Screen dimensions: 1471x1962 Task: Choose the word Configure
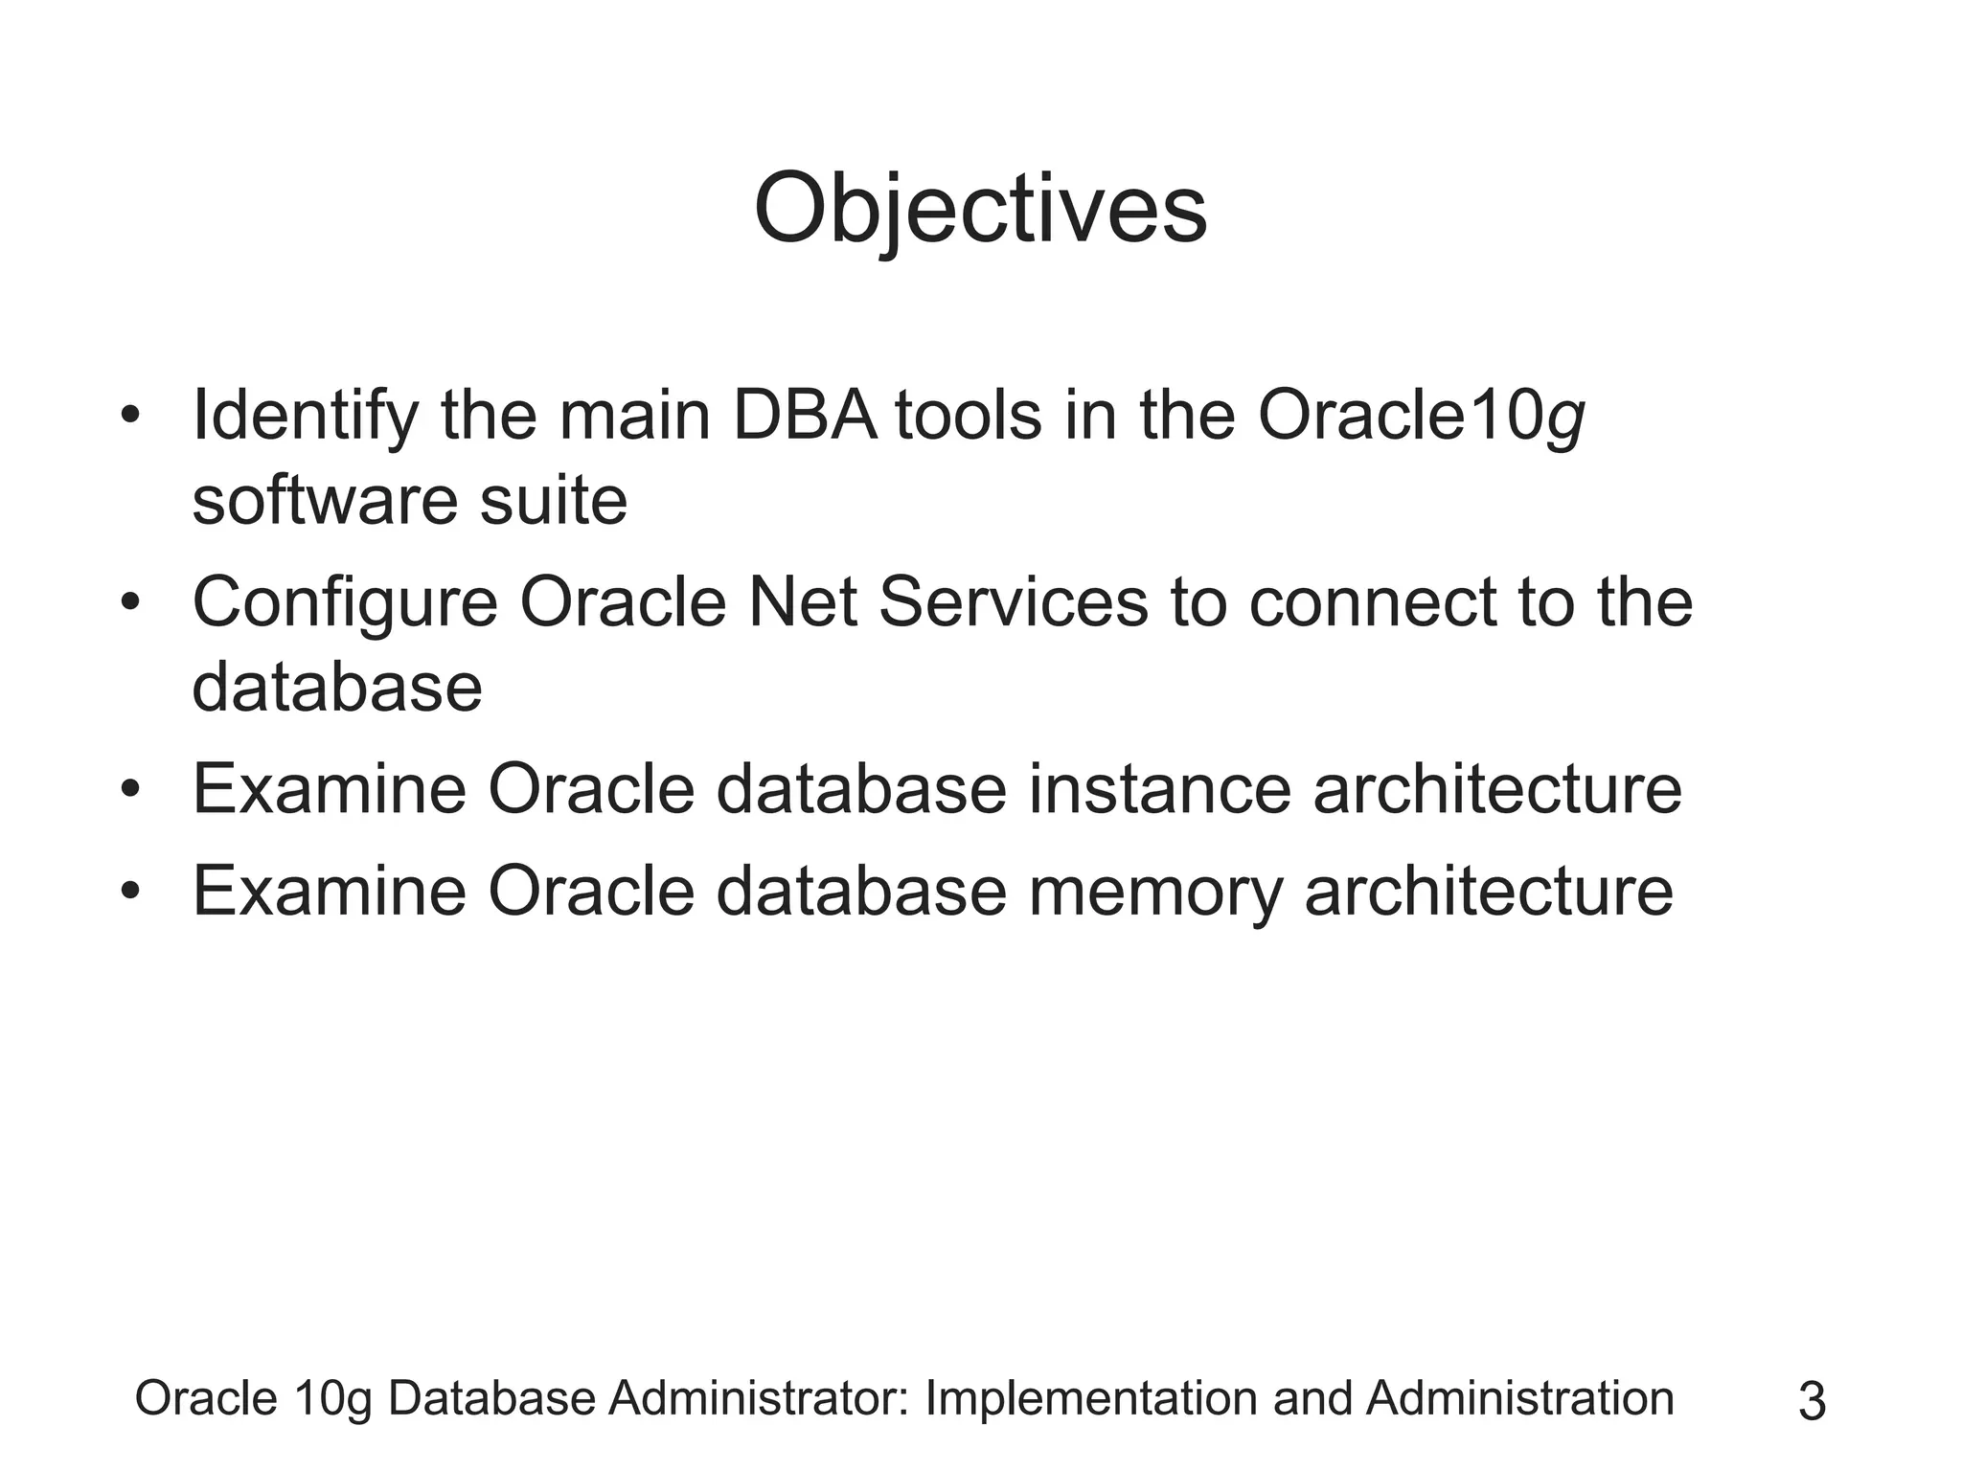[x=345, y=604]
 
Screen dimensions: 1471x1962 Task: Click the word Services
[x=1013, y=603]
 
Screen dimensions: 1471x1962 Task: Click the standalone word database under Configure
[x=337, y=688]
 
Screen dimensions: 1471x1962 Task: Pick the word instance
[x=1159, y=790]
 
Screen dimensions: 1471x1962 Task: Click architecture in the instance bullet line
[x=1496, y=790]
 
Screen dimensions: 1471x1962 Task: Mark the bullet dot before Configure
[x=131, y=604]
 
